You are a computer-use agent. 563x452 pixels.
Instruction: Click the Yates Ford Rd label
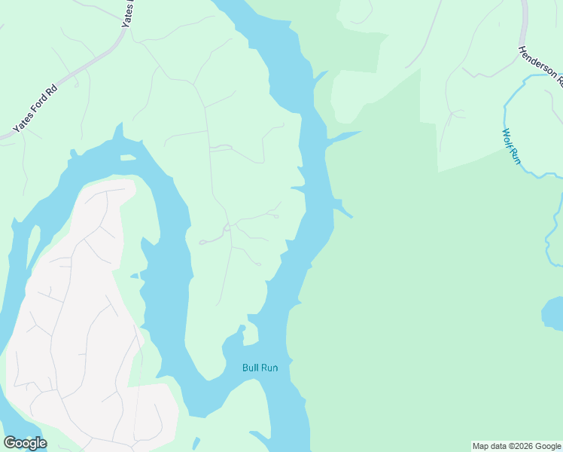coord(35,109)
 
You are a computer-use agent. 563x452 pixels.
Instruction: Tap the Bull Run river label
coord(260,368)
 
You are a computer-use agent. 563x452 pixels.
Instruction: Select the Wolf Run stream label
coord(511,145)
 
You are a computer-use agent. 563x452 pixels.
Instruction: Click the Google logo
coord(25,443)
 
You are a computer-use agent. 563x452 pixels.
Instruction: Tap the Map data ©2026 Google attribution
coord(516,446)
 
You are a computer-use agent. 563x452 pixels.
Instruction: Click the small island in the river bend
coord(128,157)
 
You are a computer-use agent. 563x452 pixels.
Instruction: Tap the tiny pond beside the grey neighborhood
coord(134,276)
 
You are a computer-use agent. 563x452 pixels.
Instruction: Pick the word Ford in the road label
coord(37,108)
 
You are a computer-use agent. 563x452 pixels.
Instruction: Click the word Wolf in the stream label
coord(507,137)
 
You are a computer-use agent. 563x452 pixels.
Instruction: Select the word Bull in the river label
coord(251,368)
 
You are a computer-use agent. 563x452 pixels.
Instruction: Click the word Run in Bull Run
coord(270,368)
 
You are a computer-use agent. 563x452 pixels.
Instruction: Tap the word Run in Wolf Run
coord(515,155)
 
